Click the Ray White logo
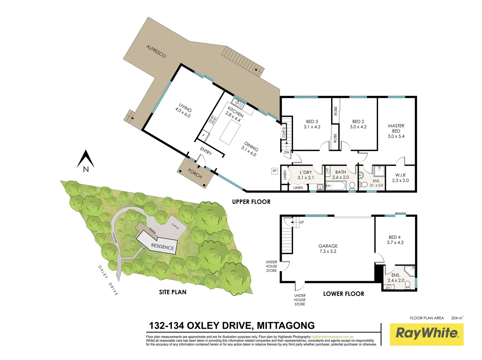(x=426, y=334)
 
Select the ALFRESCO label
(x=156, y=51)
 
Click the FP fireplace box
(x=274, y=171)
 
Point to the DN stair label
(x=286, y=152)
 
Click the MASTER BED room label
(x=396, y=131)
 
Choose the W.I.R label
(x=400, y=175)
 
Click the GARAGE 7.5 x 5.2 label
(x=328, y=248)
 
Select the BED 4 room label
(x=395, y=240)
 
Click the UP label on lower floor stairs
(x=301, y=222)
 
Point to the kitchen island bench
(x=230, y=131)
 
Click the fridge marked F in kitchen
(x=204, y=136)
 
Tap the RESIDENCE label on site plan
(x=162, y=247)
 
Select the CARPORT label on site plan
(x=175, y=226)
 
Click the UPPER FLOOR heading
(x=251, y=202)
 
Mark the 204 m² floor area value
(x=457, y=318)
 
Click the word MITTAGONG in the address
(x=286, y=325)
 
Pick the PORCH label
(x=195, y=174)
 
